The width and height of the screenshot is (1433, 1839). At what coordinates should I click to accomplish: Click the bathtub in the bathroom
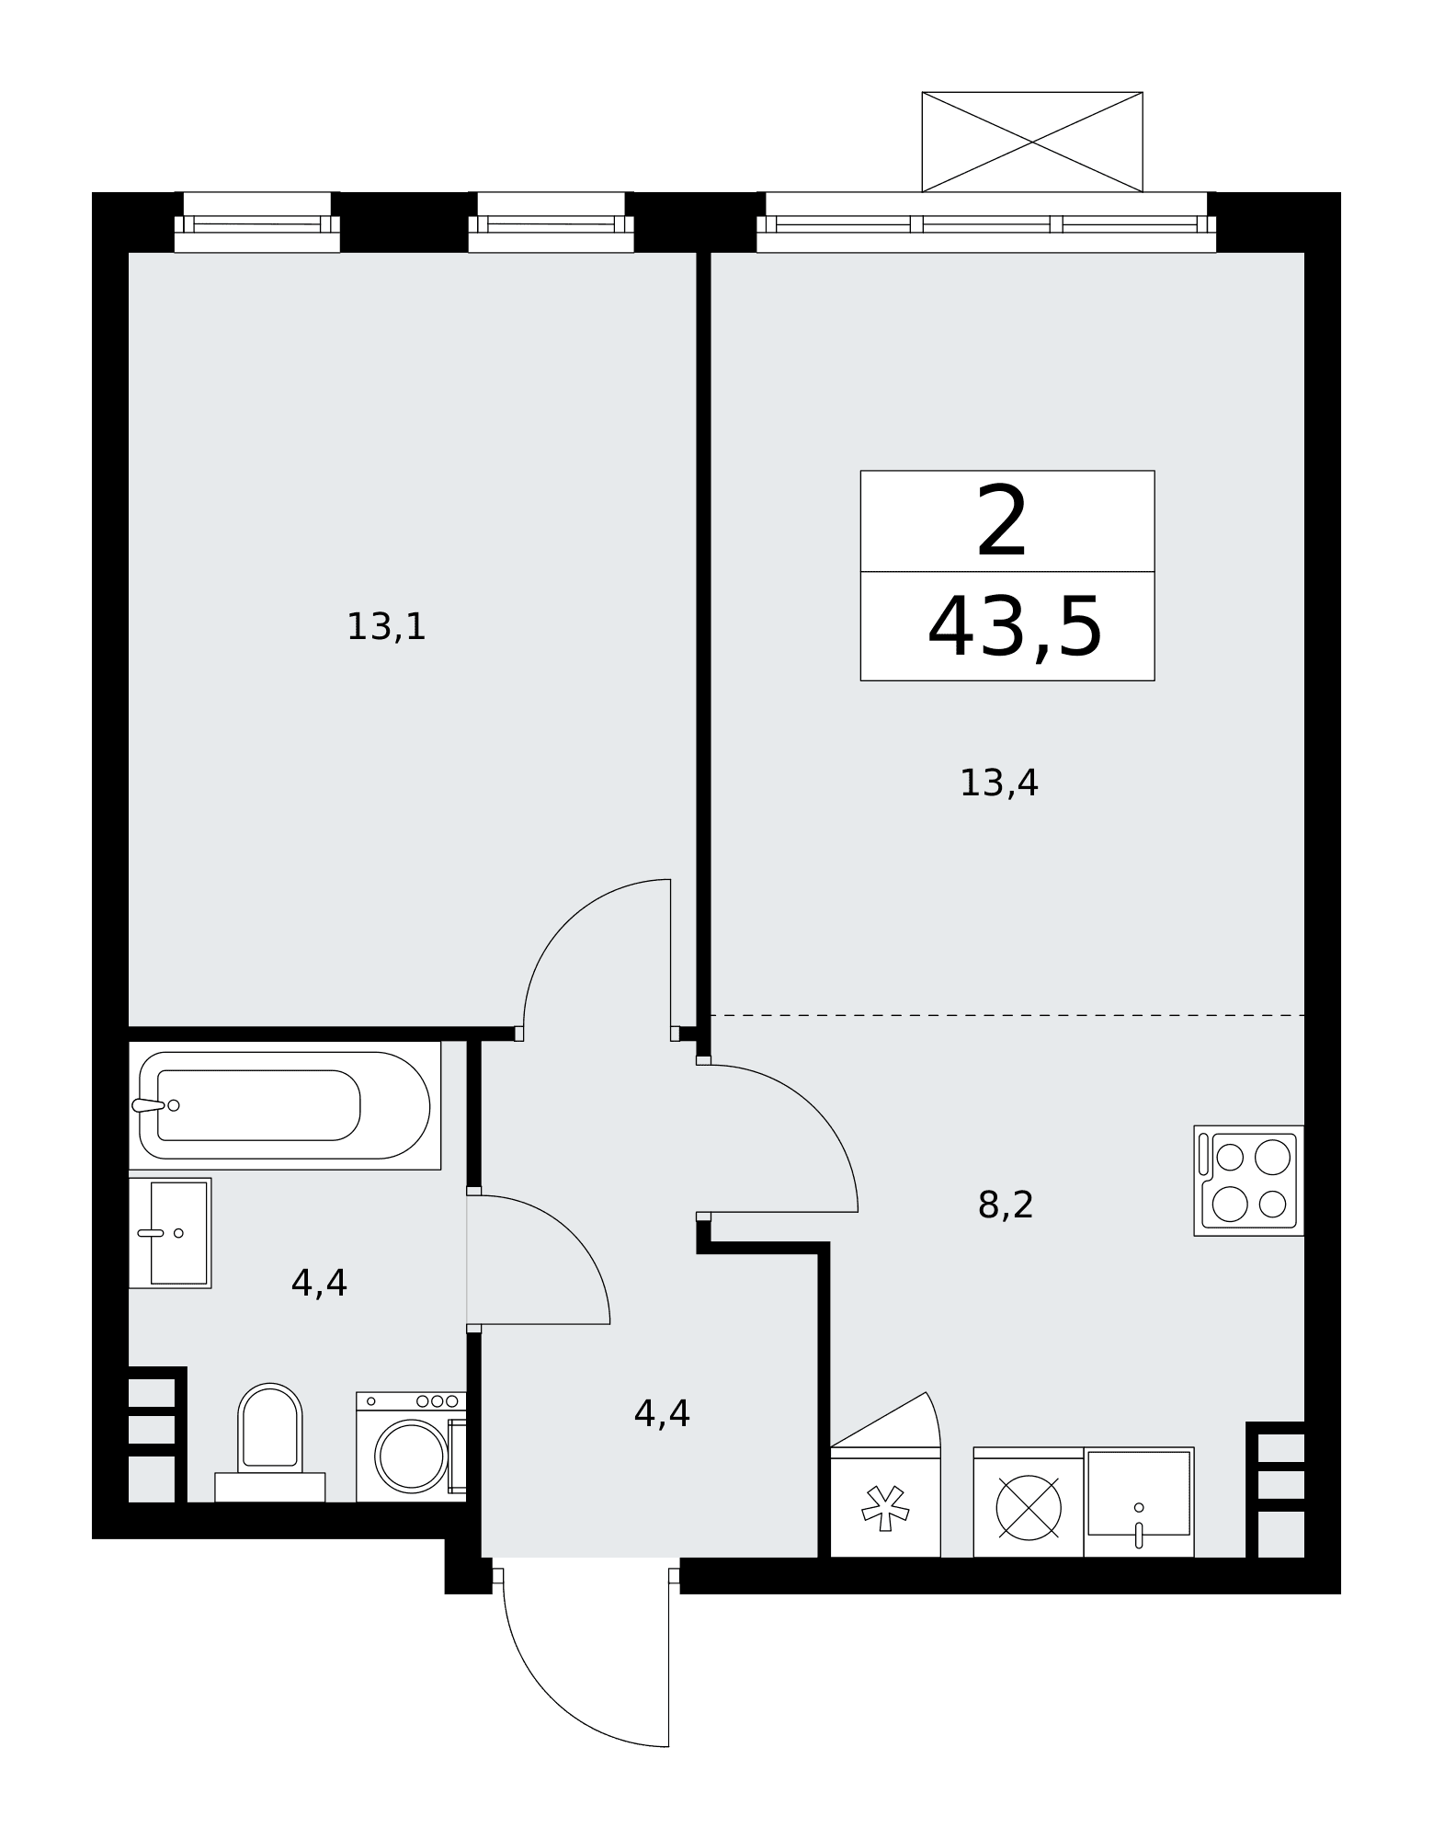tap(284, 1104)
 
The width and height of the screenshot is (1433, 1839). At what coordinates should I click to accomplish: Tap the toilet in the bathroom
tap(270, 1442)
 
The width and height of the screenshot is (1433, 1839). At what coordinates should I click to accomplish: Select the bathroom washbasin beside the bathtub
tap(170, 1232)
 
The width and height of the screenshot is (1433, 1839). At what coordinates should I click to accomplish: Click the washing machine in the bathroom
tap(411, 1446)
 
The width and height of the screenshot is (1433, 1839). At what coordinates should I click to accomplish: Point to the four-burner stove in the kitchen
tap(1249, 1180)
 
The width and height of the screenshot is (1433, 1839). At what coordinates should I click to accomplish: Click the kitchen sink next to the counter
tap(1139, 1502)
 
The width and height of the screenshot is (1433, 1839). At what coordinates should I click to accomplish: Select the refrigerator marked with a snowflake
tap(885, 1502)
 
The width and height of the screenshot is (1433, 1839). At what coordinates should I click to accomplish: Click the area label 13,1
tap(386, 627)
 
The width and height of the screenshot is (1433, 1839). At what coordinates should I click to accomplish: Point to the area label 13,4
tap(998, 783)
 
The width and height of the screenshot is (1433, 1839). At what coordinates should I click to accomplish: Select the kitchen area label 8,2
tap(1006, 1205)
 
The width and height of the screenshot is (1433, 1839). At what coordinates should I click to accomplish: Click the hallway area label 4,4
tap(662, 1413)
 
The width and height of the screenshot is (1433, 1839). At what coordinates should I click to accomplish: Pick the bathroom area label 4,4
tap(319, 1283)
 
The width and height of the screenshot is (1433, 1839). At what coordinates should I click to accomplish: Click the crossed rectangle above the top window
tap(1032, 142)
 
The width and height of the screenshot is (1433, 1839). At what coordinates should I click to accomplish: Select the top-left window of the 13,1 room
tap(257, 223)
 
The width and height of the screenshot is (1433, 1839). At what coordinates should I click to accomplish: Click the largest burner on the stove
tap(1272, 1157)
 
